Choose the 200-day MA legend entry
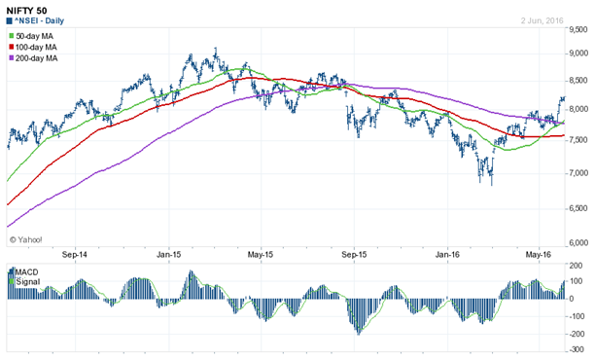coord(38,59)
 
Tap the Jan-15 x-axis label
coord(169,254)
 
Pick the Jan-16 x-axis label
coord(448,254)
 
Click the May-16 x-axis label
coord(526,254)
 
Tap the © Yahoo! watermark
coord(26,236)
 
